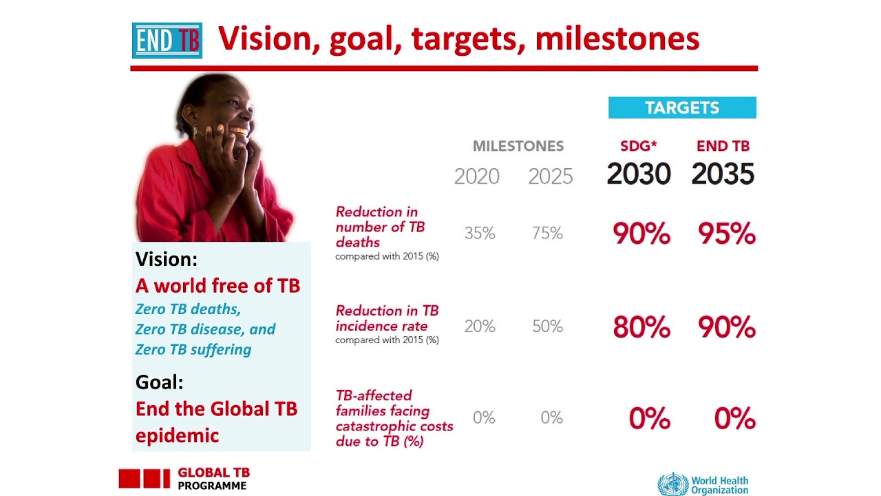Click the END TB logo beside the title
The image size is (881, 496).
(x=167, y=41)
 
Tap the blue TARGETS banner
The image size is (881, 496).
(x=682, y=107)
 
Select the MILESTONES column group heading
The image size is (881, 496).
(x=518, y=146)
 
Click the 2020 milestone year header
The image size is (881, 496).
(x=476, y=176)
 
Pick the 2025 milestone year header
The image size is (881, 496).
(x=550, y=176)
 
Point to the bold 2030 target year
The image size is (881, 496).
(x=638, y=174)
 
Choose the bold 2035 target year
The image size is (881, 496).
(x=723, y=174)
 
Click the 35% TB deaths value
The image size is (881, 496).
(x=480, y=234)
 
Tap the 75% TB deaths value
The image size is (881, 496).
(x=547, y=234)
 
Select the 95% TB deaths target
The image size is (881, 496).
(x=726, y=234)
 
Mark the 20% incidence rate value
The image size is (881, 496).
(x=480, y=326)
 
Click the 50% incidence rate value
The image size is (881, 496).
(x=547, y=326)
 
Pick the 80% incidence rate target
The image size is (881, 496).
(x=641, y=327)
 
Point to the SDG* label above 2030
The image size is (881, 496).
(x=638, y=146)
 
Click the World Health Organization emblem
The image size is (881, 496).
(x=672, y=484)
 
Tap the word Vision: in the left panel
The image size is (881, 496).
(x=167, y=259)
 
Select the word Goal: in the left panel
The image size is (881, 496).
(x=159, y=382)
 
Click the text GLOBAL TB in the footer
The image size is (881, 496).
(x=213, y=473)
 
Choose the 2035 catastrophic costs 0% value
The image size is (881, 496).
(x=734, y=419)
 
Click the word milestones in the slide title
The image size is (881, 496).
(x=617, y=39)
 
